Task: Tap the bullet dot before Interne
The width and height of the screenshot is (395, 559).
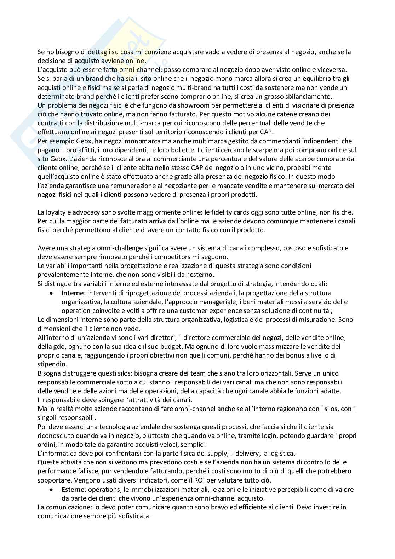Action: (52, 293)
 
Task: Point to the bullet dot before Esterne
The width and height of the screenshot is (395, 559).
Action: (52, 490)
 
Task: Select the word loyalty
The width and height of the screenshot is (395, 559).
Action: (53, 212)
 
